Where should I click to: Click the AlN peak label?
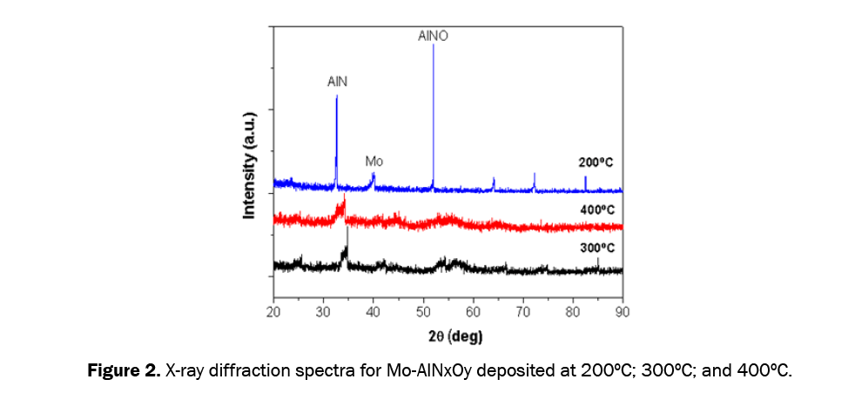[x=337, y=81]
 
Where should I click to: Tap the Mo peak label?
[x=374, y=162]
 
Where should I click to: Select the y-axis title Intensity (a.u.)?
[x=250, y=165]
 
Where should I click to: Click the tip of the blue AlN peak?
[x=337, y=97]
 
